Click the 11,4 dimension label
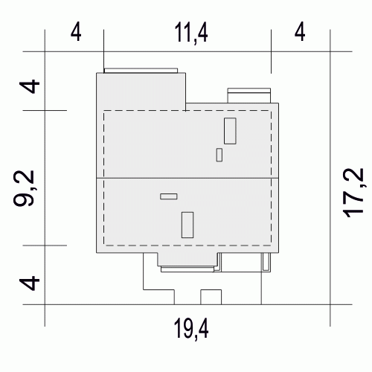point(191,33)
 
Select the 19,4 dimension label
point(191,329)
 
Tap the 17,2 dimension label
point(353,193)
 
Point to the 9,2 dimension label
point(24,188)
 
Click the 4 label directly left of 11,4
point(76,32)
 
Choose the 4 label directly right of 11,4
point(300,32)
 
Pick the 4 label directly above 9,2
point(30,86)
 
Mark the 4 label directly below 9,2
point(30,283)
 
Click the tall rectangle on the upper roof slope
point(230,131)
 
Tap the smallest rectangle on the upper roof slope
point(219,155)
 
